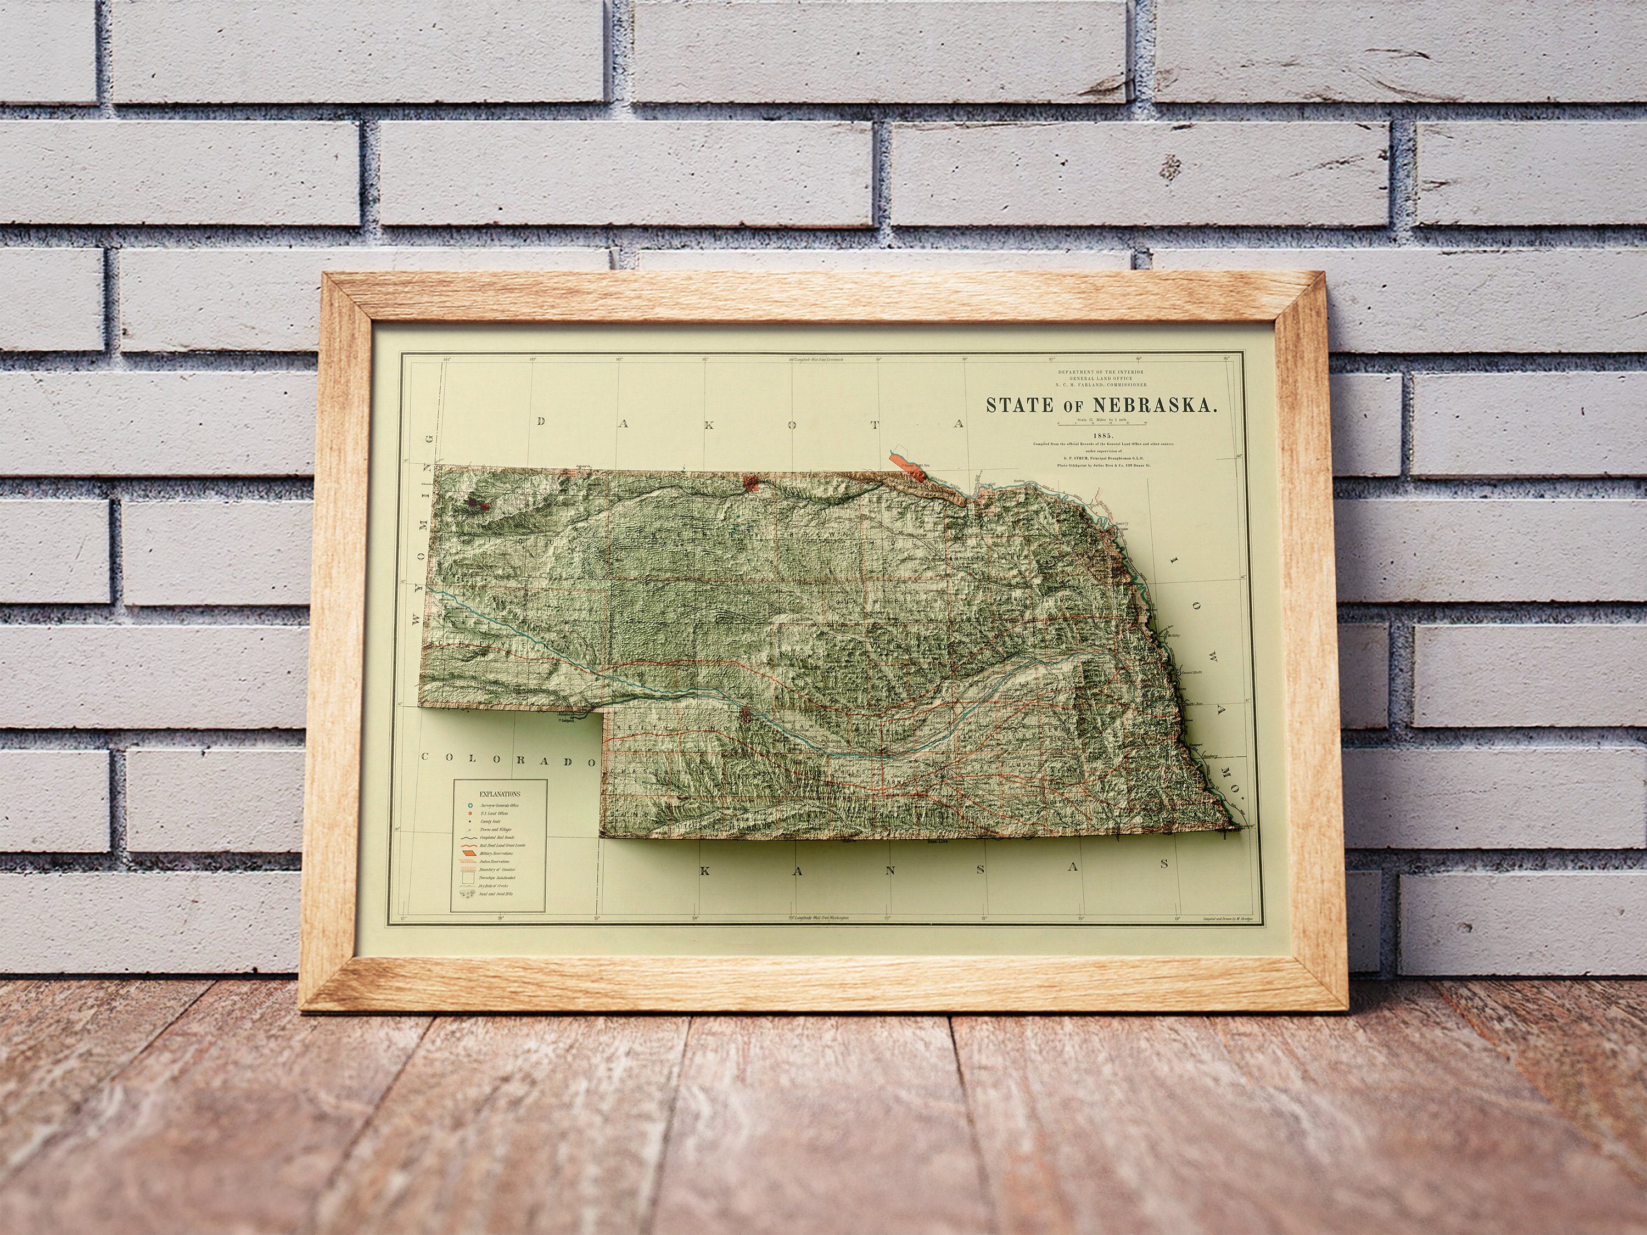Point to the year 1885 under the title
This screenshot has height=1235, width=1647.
1103,435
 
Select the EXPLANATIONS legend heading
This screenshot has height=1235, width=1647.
500,794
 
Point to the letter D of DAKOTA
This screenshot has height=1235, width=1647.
541,422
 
